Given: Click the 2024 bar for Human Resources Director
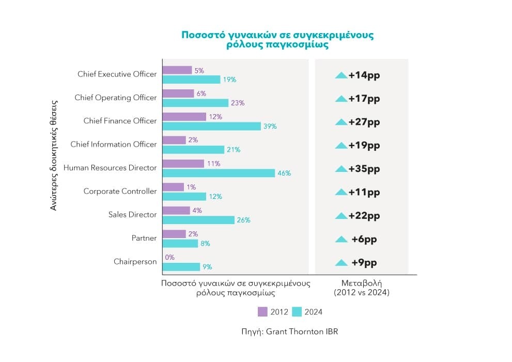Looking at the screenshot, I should click(x=219, y=173).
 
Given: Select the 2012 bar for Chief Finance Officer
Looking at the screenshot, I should click(x=184, y=117).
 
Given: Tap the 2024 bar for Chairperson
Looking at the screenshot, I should click(x=181, y=267).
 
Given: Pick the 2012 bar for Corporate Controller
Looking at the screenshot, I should click(x=173, y=187).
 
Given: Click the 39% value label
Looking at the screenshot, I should click(x=270, y=127).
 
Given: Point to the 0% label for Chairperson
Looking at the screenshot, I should click(x=169, y=257).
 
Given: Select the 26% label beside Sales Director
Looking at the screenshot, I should click(x=243, y=220).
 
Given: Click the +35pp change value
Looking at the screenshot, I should click(x=364, y=169).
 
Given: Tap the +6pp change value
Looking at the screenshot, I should click(x=364, y=239).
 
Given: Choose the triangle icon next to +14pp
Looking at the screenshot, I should click(x=341, y=75).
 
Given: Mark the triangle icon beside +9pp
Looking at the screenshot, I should click(x=341, y=263).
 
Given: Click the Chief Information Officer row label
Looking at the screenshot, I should click(x=113, y=144).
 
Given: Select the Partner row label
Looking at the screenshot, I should click(x=144, y=238).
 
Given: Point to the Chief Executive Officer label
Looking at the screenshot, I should click(x=117, y=74).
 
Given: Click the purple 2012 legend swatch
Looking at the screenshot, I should click(x=262, y=311).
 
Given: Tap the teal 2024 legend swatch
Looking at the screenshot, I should click(x=297, y=311).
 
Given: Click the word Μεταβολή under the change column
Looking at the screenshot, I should click(x=362, y=283).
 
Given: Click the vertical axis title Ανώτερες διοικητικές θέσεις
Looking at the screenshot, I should click(x=53, y=155).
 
